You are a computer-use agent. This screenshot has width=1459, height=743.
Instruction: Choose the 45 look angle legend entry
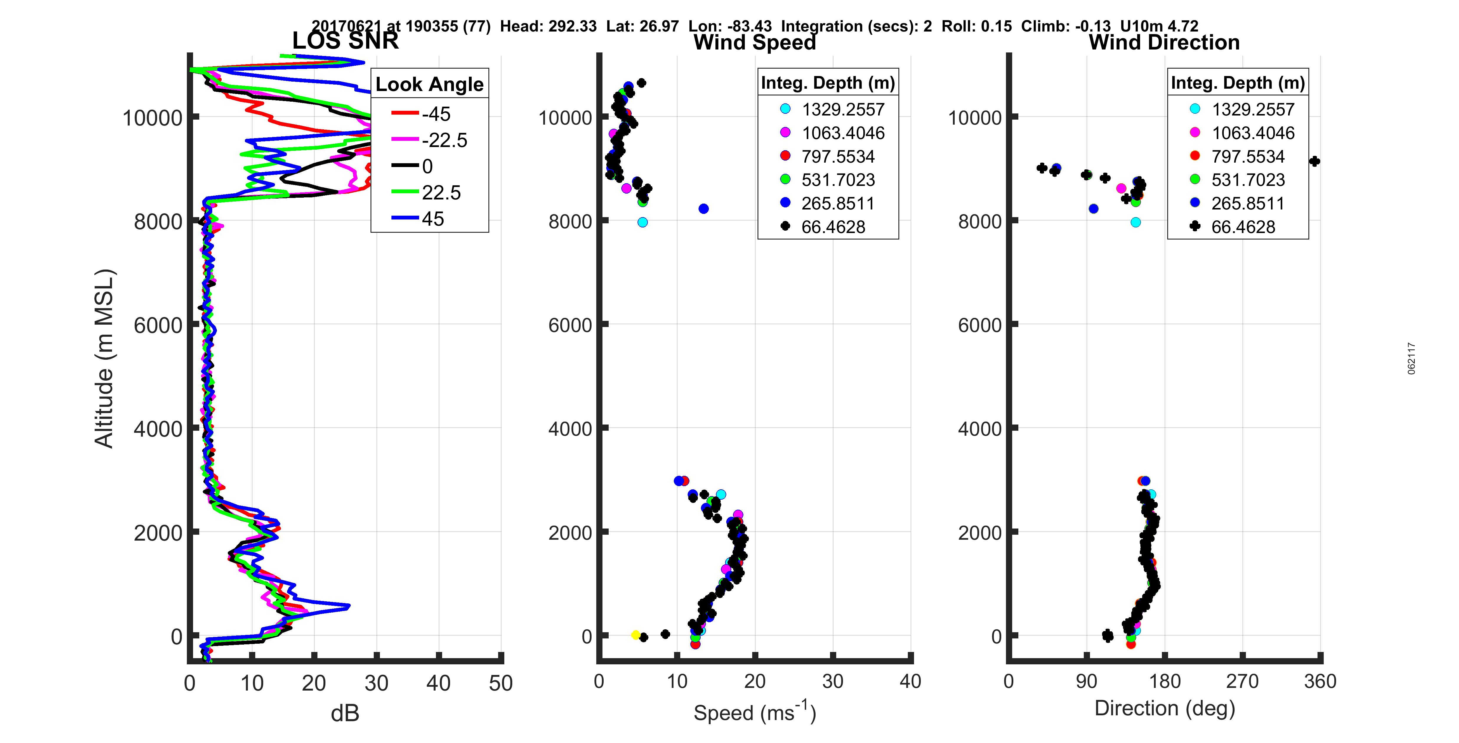point(433,219)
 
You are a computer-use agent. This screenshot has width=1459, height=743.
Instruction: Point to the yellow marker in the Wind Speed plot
point(635,635)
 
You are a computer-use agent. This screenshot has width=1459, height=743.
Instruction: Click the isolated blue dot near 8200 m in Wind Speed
point(704,209)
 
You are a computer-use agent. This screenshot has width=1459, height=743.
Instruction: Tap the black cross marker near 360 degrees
point(1315,161)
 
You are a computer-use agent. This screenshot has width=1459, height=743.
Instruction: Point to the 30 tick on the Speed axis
point(833,681)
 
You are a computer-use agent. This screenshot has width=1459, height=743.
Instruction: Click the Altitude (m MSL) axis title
point(105,359)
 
